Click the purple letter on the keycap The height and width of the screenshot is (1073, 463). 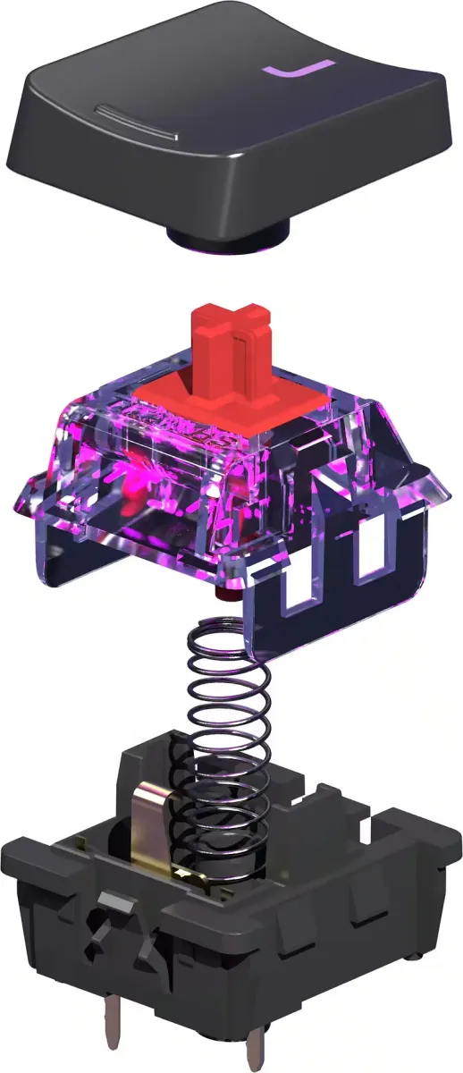298,70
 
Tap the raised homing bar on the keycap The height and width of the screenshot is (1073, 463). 137,122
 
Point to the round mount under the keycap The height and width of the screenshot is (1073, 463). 229,237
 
